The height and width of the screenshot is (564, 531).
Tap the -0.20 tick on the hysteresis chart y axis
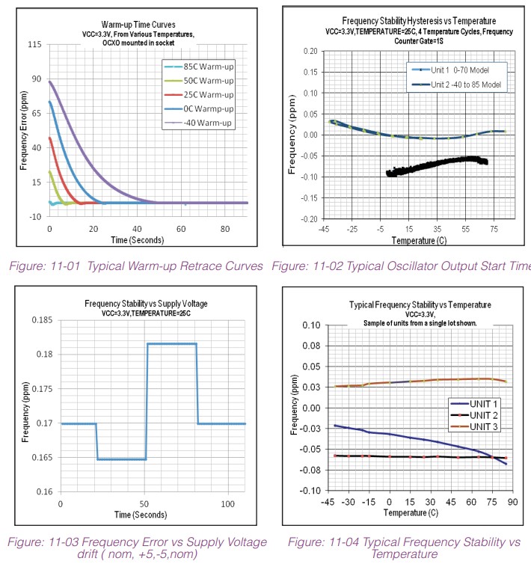[x=306, y=220]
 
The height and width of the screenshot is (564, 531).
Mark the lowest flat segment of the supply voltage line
[x=120, y=459]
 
